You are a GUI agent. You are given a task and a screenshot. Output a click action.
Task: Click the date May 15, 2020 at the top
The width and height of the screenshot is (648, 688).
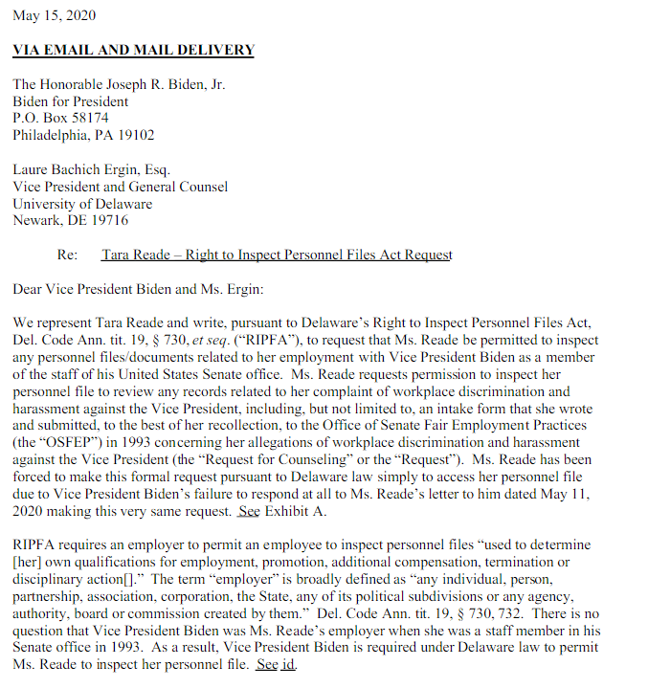pyautogui.click(x=54, y=16)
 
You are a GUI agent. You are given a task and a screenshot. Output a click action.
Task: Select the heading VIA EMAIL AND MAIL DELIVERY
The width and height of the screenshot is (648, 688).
pyautogui.click(x=133, y=50)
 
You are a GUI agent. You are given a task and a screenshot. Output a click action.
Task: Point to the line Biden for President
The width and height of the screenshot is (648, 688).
pyautogui.click(x=71, y=101)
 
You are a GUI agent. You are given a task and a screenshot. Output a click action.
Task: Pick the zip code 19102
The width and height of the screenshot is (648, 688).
pyautogui.click(x=134, y=135)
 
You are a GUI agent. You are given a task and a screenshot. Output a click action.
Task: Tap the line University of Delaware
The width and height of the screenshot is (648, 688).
pyautogui.click(x=82, y=203)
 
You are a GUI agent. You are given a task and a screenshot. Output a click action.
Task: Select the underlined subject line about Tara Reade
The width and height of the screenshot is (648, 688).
pyautogui.click(x=277, y=255)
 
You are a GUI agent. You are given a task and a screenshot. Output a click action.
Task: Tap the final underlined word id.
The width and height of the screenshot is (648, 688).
pyautogui.click(x=288, y=665)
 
